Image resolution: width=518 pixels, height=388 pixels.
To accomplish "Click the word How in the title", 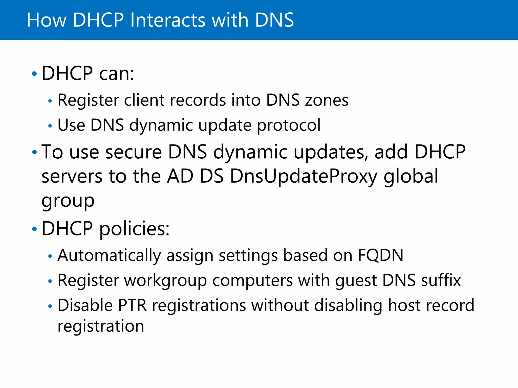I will [46, 20].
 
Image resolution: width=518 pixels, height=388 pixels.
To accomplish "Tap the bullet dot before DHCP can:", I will [35, 74].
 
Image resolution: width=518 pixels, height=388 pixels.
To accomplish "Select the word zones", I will [327, 100].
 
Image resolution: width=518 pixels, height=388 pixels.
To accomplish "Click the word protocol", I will [289, 126].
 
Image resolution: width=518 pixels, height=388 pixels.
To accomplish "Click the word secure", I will [133, 152].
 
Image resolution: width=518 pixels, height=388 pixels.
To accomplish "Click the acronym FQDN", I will [380, 255].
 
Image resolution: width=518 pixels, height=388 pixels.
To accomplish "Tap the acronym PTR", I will [132, 305].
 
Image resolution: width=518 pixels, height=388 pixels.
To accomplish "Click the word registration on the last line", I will [101, 326].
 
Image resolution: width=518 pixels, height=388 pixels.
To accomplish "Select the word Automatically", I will [109, 256].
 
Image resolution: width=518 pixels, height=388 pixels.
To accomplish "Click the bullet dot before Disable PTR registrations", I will [50, 306].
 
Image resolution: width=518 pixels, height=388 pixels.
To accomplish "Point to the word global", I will [411, 177].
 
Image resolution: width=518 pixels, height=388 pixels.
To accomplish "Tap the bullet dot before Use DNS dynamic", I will [50, 126].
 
